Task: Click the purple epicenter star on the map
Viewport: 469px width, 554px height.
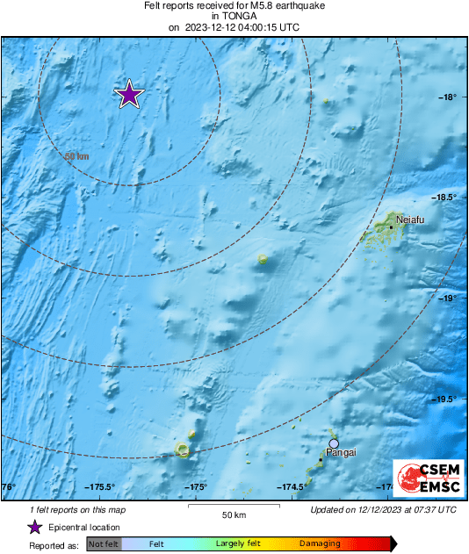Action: [x=129, y=94]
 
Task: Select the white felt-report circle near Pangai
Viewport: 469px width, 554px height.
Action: [x=334, y=443]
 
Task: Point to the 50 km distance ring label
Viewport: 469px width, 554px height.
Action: [x=77, y=156]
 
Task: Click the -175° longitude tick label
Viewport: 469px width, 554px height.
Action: [x=195, y=487]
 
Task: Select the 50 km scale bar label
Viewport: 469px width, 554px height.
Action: [x=233, y=514]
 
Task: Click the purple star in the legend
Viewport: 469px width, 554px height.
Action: [x=34, y=527]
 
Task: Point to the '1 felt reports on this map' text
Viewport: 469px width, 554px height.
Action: [x=76, y=510]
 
